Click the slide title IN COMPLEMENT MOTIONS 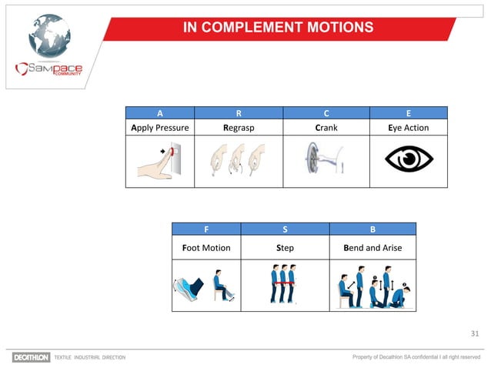coord(278,28)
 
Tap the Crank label coord(326,127)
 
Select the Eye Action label coord(408,127)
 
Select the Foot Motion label coord(206,249)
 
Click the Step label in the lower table coord(285,249)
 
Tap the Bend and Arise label coord(372,249)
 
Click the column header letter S coord(285,229)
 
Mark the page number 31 coord(474,333)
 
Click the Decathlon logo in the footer coord(31,357)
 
